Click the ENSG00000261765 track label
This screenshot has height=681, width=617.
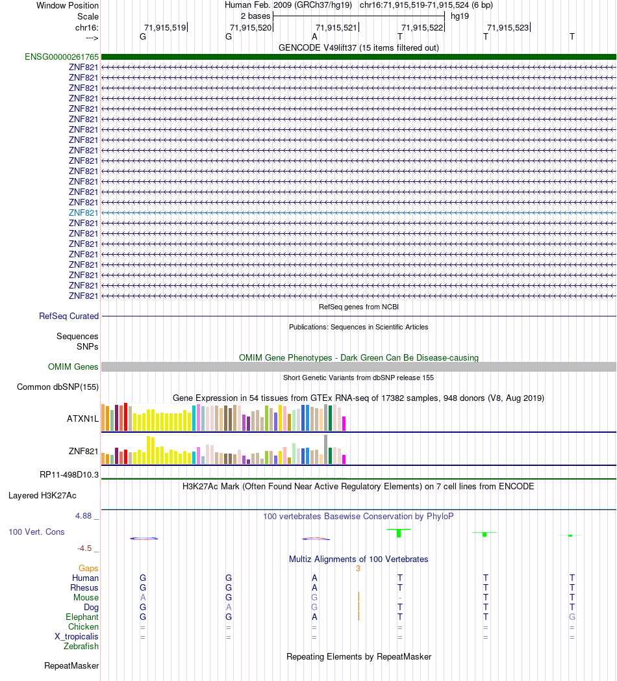(x=53, y=57)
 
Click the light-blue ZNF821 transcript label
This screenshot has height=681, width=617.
(x=83, y=212)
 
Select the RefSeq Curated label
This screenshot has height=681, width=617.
(x=69, y=316)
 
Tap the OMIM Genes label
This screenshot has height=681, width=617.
(x=73, y=367)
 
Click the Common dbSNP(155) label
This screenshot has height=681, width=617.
(x=58, y=387)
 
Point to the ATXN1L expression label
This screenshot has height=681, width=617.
(x=82, y=418)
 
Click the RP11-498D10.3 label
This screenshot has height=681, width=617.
(x=69, y=474)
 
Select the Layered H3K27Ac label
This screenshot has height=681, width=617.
(x=42, y=495)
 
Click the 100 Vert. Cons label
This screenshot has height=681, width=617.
(x=36, y=532)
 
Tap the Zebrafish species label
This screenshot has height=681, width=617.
(x=81, y=647)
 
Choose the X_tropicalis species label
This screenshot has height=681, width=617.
(x=77, y=637)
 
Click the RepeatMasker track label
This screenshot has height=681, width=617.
(x=71, y=665)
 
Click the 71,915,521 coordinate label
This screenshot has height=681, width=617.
(x=336, y=27)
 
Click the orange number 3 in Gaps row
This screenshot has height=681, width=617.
(x=358, y=569)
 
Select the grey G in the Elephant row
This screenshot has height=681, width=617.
(x=572, y=617)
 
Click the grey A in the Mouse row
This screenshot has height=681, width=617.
(x=143, y=597)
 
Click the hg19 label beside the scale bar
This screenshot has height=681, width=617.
(x=460, y=16)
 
